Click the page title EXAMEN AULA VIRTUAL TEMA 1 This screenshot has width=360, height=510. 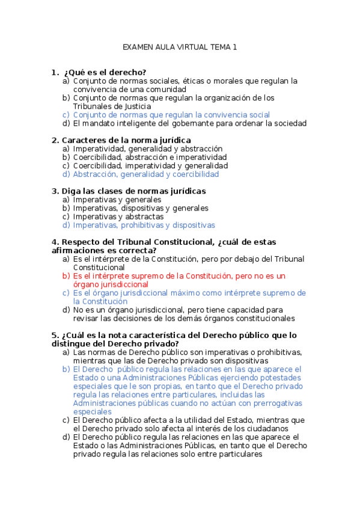pyautogui.click(x=180, y=46)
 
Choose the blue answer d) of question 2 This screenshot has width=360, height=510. pyautogui.click(x=145, y=174)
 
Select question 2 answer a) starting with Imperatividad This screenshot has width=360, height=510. pyautogui.click(x=147, y=149)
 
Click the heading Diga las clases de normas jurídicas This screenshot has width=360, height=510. pyautogui.click(x=133, y=191)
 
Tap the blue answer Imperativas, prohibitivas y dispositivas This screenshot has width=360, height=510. pyautogui.click(x=144, y=226)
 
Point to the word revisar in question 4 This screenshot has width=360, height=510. pyautogui.click(x=86, y=318)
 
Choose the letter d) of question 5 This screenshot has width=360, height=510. pyautogui.click(x=66, y=437)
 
